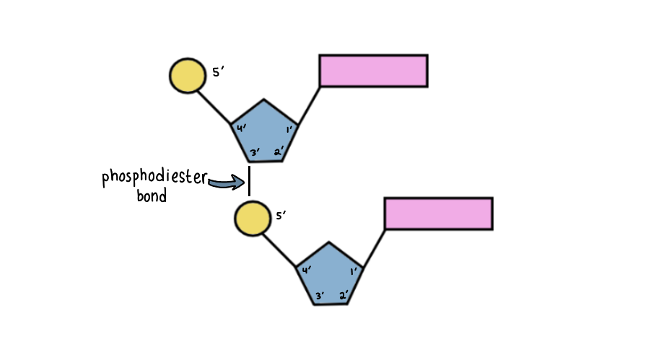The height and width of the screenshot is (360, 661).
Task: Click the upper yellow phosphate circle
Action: [187, 76]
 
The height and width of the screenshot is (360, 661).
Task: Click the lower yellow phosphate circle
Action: [252, 218]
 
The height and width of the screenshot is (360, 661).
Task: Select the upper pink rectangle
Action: [373, 71]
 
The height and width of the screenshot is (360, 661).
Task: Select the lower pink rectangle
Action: [438, 214]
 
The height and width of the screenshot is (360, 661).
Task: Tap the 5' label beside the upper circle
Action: [219, 72]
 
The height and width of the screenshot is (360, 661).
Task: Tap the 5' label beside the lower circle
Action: [281, 214]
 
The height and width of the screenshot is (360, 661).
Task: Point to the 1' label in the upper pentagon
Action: [288, 130]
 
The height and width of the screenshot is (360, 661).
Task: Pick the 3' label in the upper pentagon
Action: [255, 152]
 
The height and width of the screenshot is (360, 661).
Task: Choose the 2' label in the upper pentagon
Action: [279, 152]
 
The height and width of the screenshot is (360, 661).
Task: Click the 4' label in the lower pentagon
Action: [307, 271]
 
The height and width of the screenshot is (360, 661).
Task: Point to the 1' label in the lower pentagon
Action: [353, 272]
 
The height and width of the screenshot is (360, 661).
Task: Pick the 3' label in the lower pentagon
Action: [320, 295]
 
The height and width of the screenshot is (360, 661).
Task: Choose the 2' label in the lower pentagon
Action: [343, 295]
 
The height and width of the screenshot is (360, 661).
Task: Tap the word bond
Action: [152, 196]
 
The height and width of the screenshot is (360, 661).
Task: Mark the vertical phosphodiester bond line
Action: [249, 181]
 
